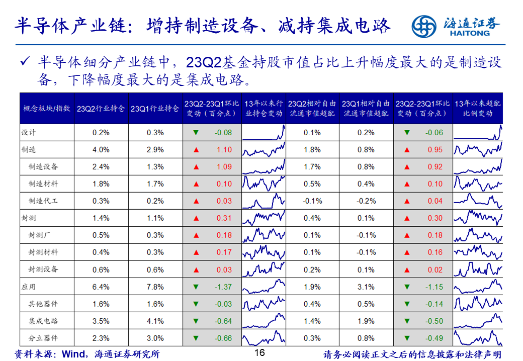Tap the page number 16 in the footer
[x=259, y=353]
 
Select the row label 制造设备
[x=43, y=167]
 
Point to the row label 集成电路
[x=43, y=321]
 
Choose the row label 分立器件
[x=43, y=338]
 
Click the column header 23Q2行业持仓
[x=101, y=109]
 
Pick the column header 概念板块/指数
[x=47, y=109]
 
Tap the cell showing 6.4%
[x=101, y=287]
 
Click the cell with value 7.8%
[x=155, y=287]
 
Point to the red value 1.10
[x=224, y=150]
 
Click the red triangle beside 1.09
[x=196, y=167]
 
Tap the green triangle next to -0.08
[x=196, y=133]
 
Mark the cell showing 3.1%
[x=366, y=287]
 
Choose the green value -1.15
[x=434, y=287]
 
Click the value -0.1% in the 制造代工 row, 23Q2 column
[x=312, y=201]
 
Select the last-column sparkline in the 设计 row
[x=478, y=133]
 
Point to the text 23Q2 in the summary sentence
[x=201, y=63]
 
